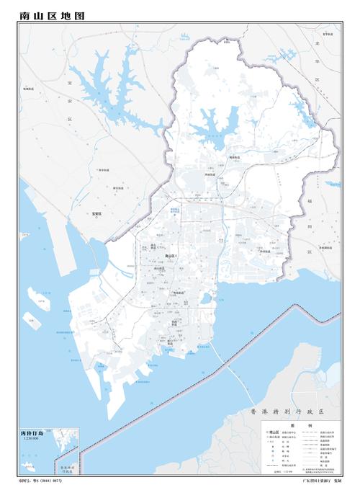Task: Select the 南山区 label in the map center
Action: click(170, 256)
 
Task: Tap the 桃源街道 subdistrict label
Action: click(215, 156)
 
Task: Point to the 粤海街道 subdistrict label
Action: click(179, 293)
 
